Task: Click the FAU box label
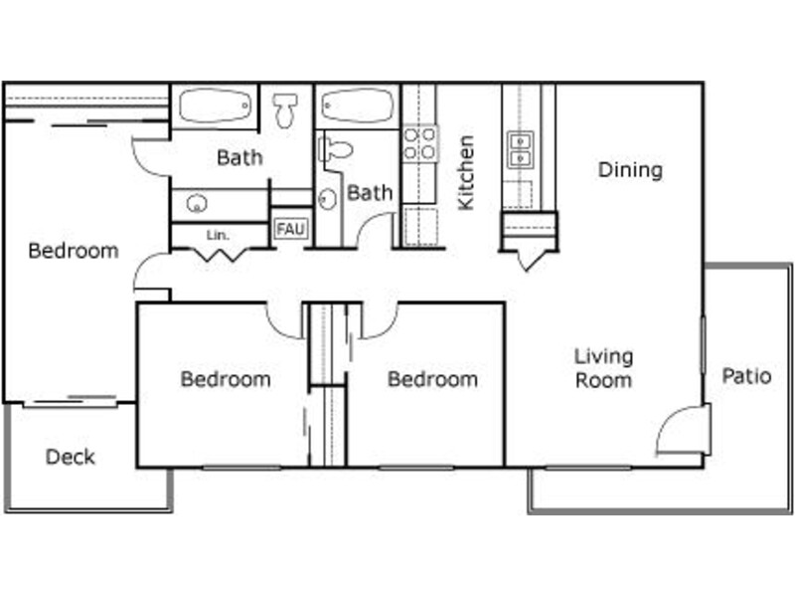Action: click(291, 229)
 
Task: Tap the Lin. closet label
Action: click(218, 236)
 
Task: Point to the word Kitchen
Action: click(465, 172)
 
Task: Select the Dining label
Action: click(630, 170)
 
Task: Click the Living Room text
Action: click(603, 368)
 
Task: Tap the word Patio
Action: click(746, 376)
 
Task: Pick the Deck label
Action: click(71, 457)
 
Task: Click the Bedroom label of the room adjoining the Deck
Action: click(74, 251)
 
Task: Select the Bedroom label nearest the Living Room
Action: click(432, 379)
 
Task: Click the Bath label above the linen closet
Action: click(239, 158)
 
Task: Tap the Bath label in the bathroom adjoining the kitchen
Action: click(370, 193)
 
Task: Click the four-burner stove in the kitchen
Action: click(420, 143)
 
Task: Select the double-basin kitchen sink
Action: click(521, 150)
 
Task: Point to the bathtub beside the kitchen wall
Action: click(358, 105)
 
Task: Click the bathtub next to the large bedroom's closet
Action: click(215, 106)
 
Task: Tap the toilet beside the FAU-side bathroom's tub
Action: click(285, 110)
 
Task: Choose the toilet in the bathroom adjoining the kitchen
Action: click(335, 149)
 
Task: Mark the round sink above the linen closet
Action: click(196, 204)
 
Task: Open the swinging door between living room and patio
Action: click(683, 429)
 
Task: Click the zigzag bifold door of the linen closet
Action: click(219, 255)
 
